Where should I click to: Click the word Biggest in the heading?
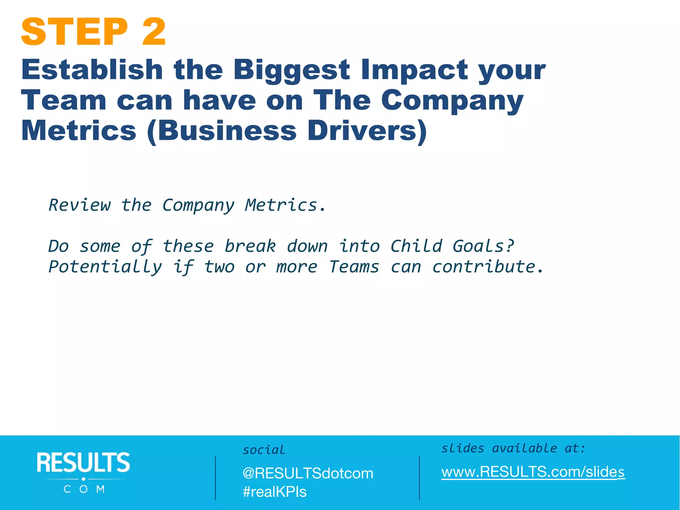click(292, 70)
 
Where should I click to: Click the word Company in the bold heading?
click(452, 101)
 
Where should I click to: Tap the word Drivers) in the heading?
click(367, 131)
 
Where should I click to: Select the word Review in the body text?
click(80, 205)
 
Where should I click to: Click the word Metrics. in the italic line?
click(286, 205)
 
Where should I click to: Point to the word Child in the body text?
click(416, 246)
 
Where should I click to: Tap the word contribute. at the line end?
click(488, 267)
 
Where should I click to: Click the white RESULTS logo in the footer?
click(83, 472)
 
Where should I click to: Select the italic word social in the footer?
click(264, 450)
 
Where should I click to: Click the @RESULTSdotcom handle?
click(308, 473)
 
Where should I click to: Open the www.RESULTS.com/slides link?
click(533, 472)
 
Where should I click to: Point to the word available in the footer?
click(524, 449)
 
